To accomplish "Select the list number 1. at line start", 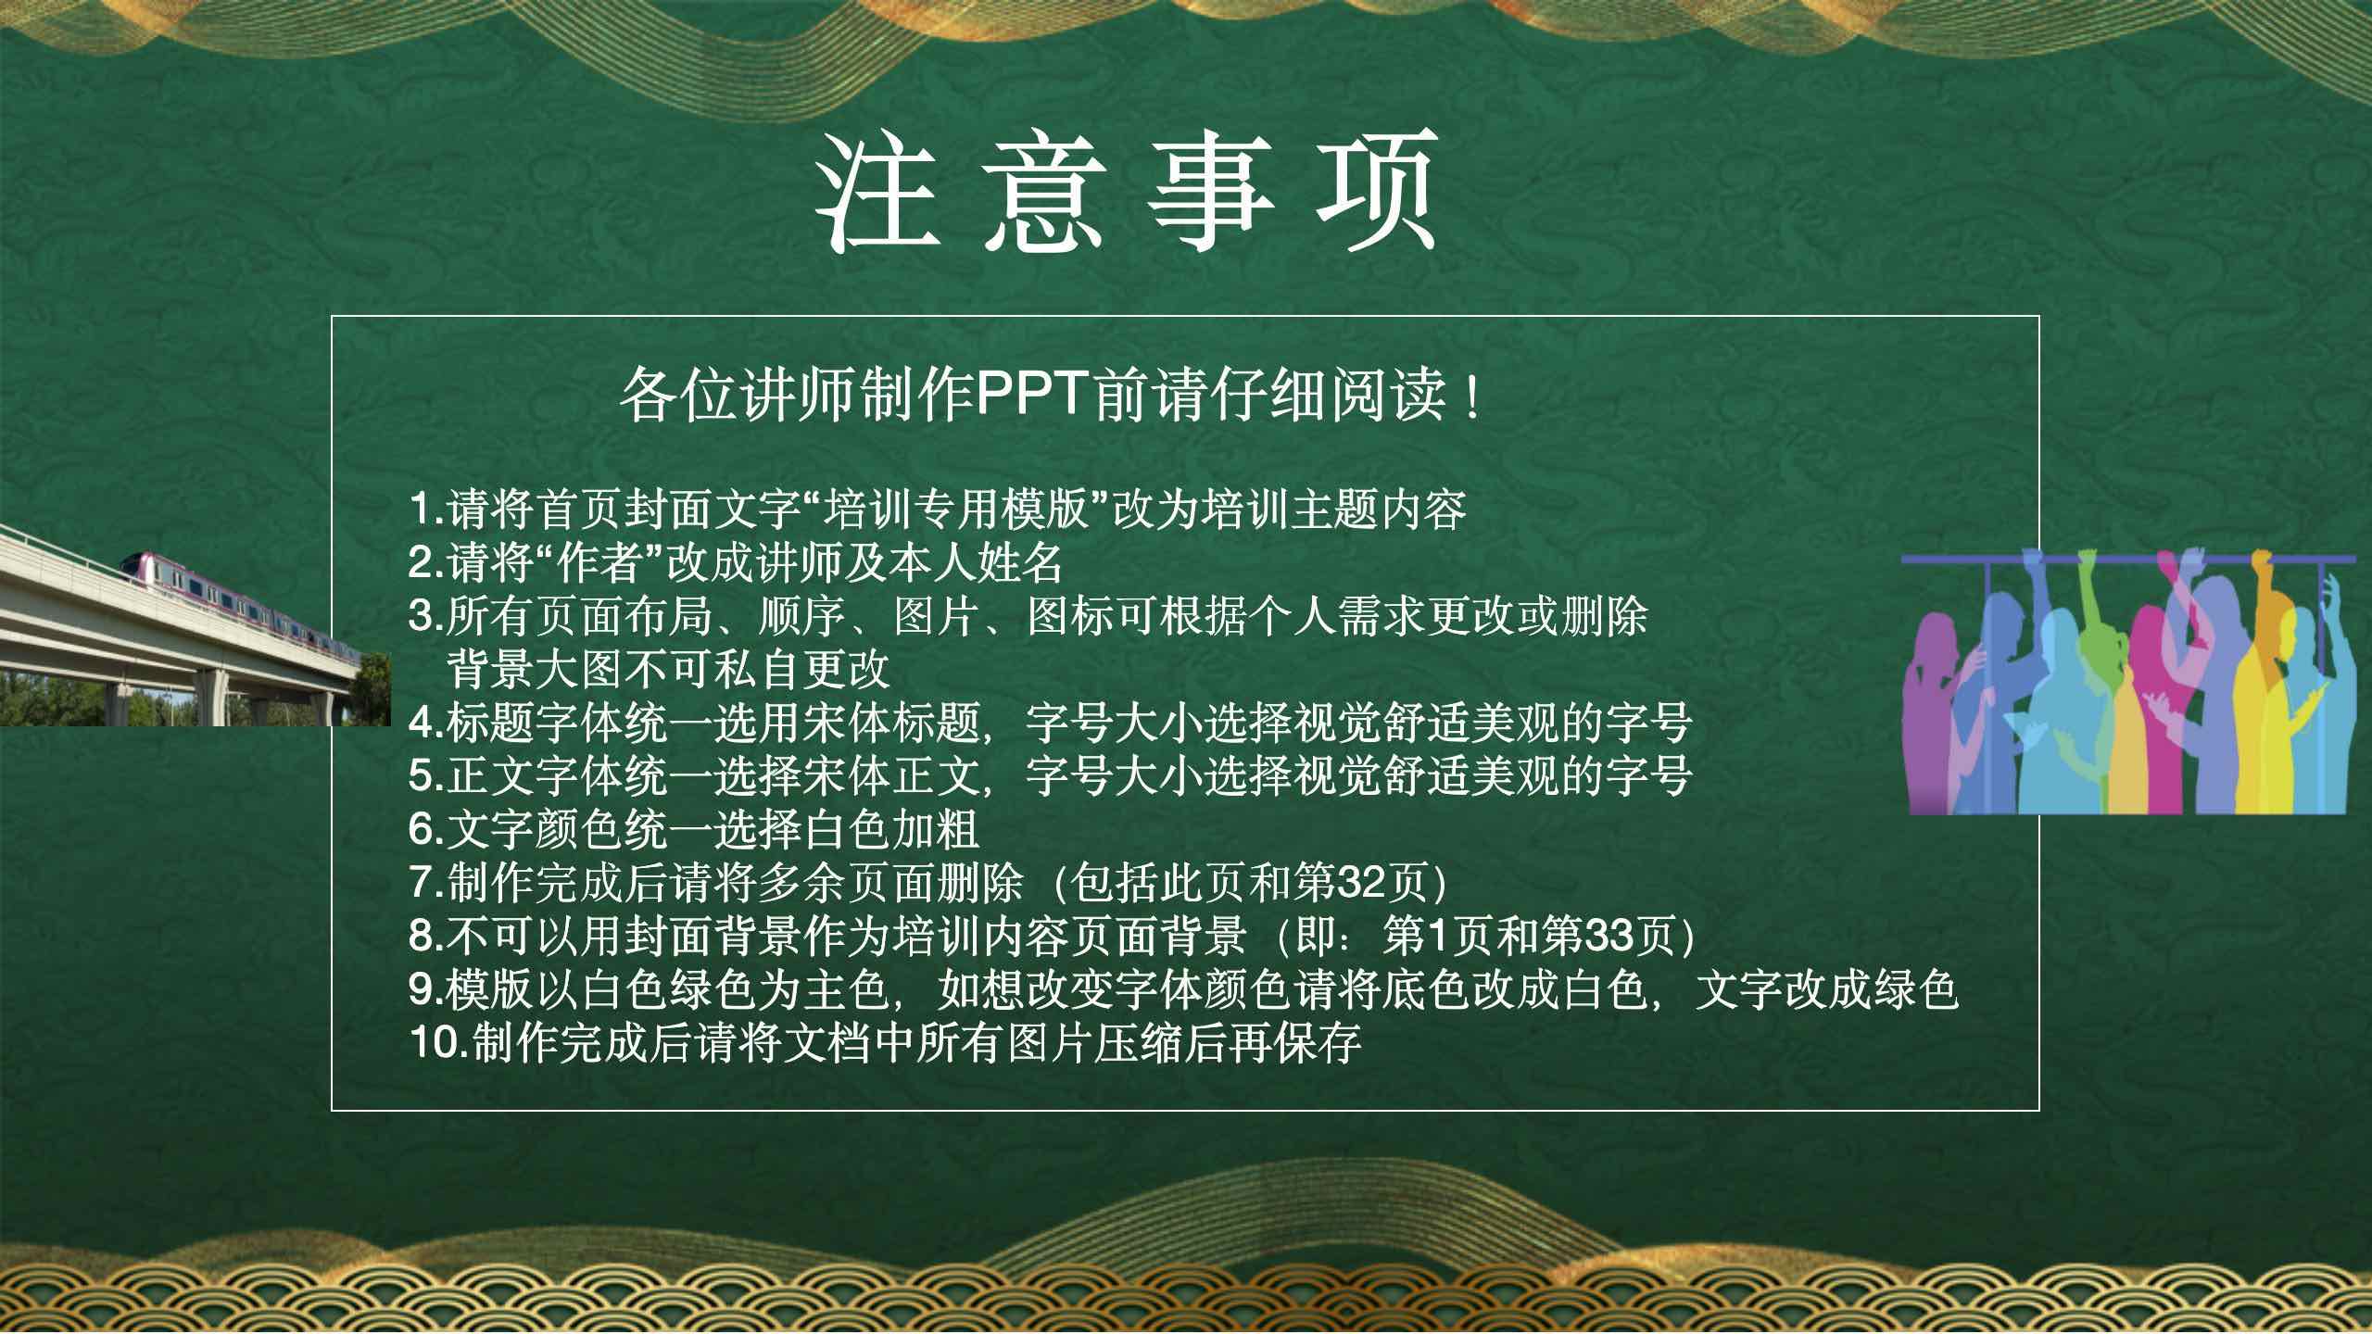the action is (x=427, y=509).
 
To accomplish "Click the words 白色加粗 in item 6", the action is (x=893, y=829).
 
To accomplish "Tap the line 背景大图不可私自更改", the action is (x=669, y=669).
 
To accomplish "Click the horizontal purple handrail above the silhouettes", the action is (x=2128, y=560).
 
